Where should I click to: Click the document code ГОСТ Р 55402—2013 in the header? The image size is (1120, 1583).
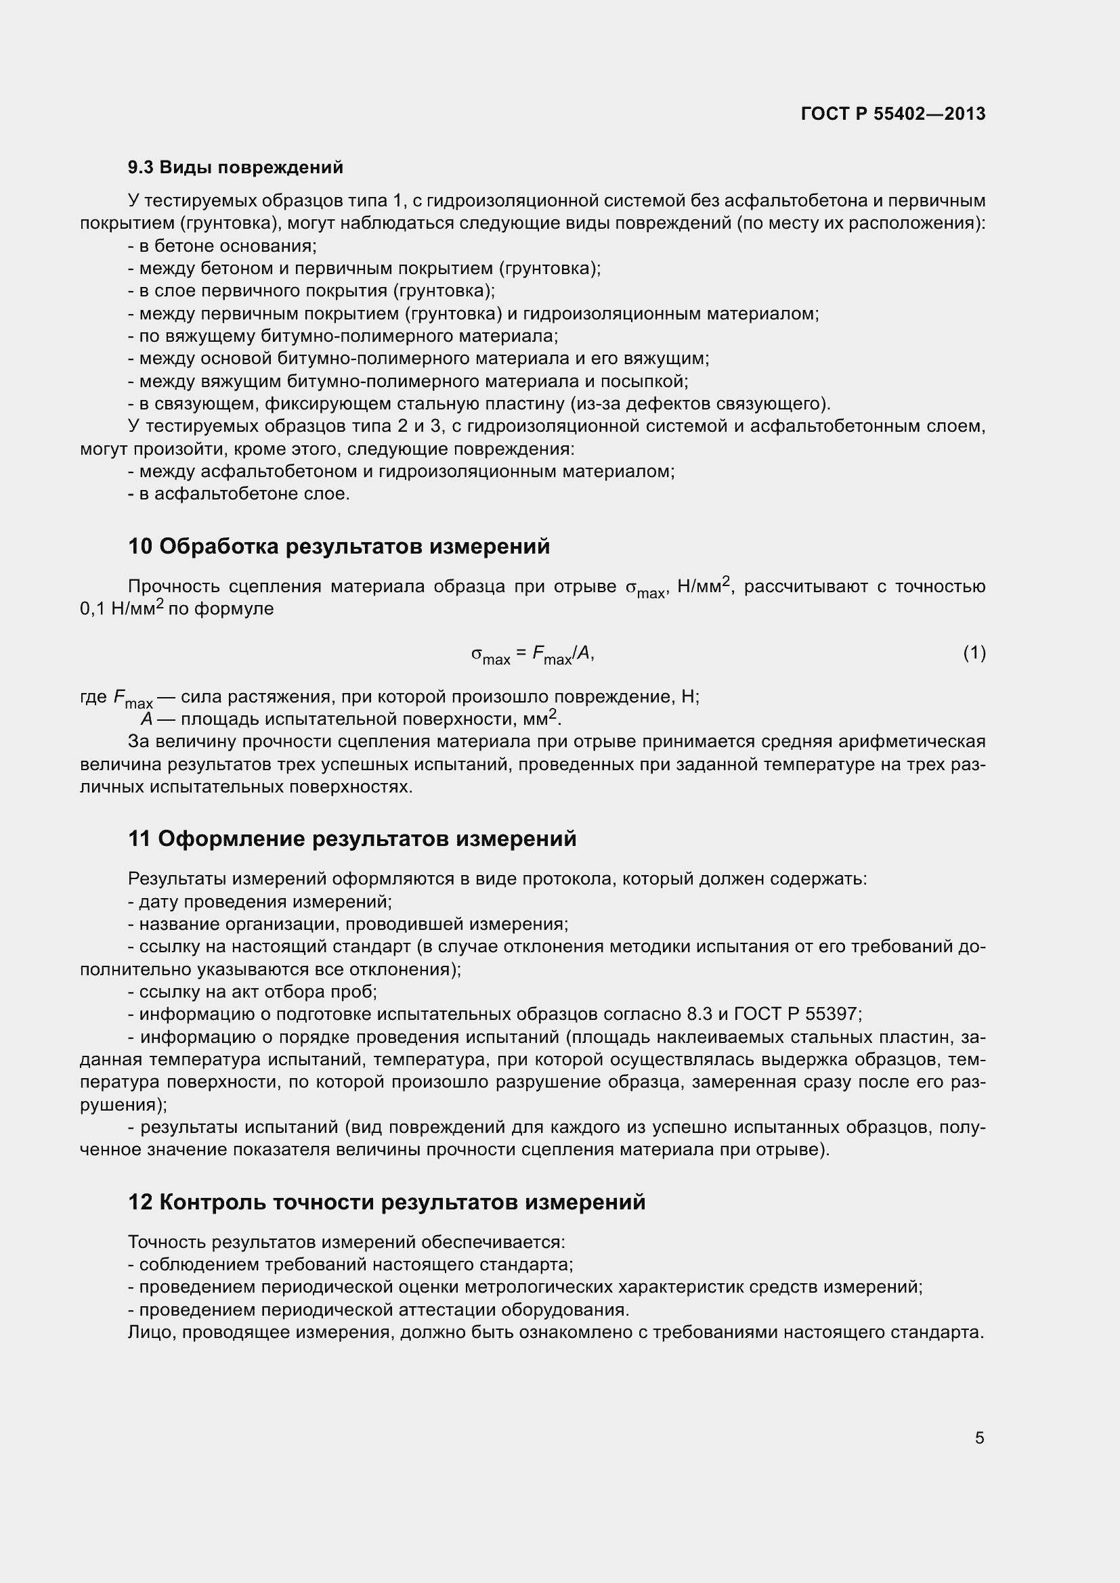point(893,114)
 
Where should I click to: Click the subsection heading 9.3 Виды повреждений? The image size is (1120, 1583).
point(235,168)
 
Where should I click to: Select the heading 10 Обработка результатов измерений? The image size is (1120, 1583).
point(339,546)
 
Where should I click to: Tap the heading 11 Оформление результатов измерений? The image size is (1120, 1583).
point(351,839)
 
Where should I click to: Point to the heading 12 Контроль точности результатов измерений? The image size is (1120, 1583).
point(386,1202)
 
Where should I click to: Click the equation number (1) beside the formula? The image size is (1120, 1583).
point(974,652)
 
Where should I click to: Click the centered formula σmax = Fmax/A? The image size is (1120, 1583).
point(532,654)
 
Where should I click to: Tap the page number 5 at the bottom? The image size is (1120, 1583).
point(979,1437)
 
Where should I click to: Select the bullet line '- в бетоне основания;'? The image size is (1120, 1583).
point(222,246)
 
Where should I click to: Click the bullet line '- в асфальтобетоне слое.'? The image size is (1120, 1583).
point(238,493)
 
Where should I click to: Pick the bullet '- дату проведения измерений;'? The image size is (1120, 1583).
point(260,901)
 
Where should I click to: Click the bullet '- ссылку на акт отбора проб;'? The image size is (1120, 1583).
point(253,991)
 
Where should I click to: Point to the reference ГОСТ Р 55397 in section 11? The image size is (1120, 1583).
point(797,1015)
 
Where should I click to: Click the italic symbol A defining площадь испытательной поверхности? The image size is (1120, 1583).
point(146,719)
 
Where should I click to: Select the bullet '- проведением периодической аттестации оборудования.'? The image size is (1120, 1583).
point(378,1310)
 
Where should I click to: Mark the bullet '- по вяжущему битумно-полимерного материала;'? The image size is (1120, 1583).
point(343,336)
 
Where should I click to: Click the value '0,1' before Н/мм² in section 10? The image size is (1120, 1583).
point(93,609)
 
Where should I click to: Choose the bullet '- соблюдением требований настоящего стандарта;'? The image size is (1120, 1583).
point(350,1264)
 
